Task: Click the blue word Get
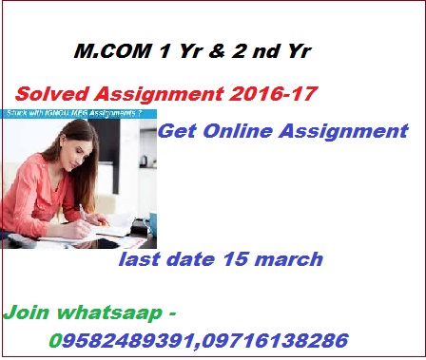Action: click(179, 131)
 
